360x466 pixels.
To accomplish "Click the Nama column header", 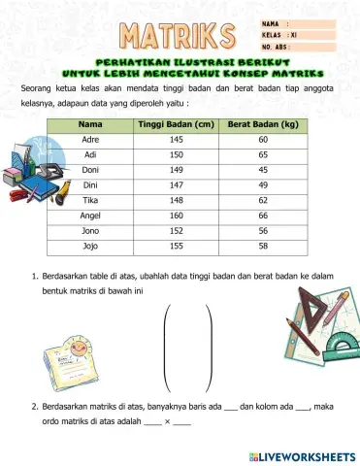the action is point(90,124).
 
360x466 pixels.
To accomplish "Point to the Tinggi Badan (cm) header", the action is point(175,124).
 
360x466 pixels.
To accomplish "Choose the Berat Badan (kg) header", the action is point(262,124).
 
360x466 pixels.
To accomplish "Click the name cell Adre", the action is point(90,140).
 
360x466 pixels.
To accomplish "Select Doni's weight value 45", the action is point(262,171).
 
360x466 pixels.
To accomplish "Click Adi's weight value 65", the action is point(262,155).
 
